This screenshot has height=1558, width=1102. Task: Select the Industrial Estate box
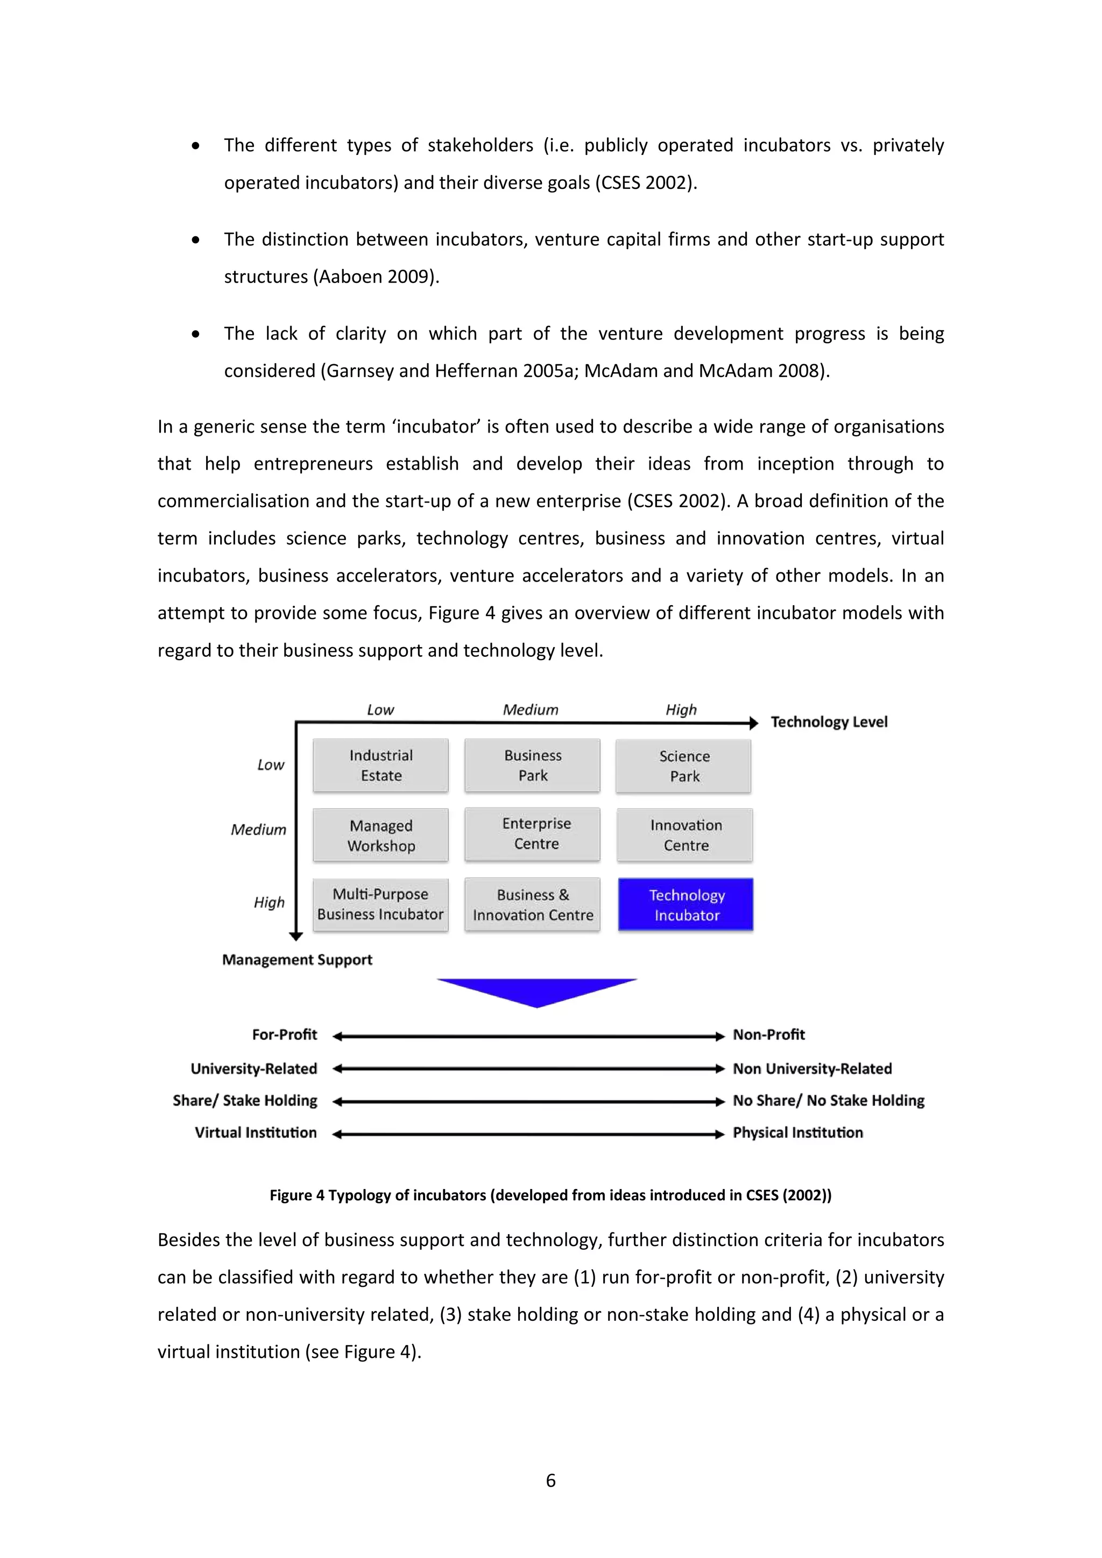(380, 766)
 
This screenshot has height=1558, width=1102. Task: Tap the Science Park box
(684, 766)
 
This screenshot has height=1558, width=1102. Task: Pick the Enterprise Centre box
(533, 834)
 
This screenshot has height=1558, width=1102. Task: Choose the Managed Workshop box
(380, 835)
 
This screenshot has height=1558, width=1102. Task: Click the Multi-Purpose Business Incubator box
(380, 904)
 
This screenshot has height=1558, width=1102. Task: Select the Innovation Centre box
(686, 835)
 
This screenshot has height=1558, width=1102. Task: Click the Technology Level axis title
(829, 722)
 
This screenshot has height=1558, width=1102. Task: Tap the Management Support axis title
(297, 960)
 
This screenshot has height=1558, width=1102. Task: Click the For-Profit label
(284, 1035)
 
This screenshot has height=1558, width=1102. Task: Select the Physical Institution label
(797, 1132)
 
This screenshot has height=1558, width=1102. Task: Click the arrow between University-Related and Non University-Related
(528, 1069)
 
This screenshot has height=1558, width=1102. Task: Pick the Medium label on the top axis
(530, 710)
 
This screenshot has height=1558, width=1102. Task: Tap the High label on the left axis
(269, 903)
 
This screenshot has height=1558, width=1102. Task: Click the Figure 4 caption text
(550, 1195)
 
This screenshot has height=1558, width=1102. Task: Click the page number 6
(550, 1481)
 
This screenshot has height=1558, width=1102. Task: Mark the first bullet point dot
(195, 146)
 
